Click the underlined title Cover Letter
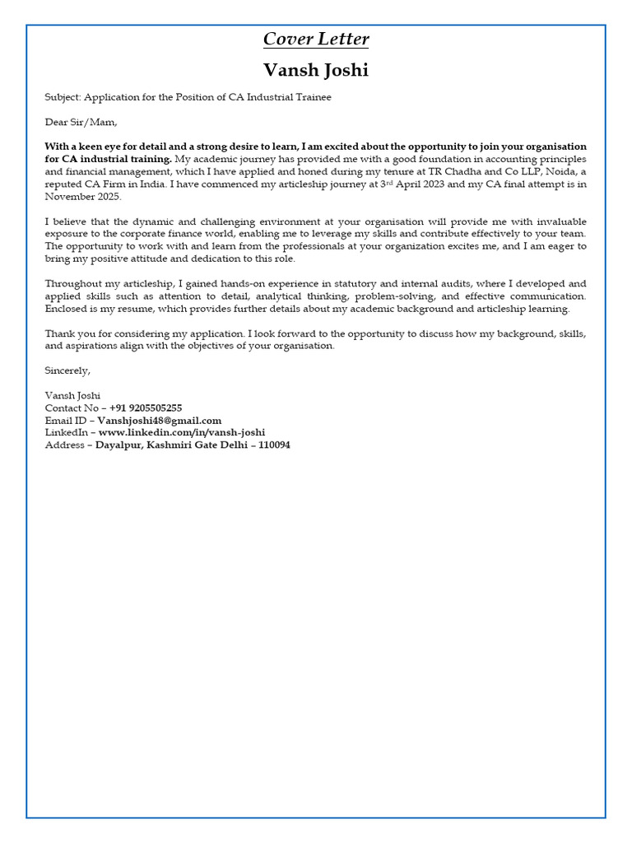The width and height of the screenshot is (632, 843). tap(316, 40)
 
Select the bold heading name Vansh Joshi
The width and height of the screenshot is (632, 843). tap(316, 70)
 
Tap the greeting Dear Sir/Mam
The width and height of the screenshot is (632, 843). tap(81, 122)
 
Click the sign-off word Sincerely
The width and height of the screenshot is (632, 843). tap(67, 370)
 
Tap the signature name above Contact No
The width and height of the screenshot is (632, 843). tap(72, 395)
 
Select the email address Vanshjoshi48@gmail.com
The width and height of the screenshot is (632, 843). tap(159, 420)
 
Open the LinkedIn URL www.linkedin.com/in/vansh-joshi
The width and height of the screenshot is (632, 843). tap(182, 432)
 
